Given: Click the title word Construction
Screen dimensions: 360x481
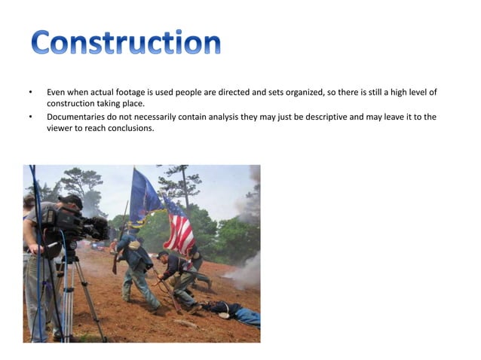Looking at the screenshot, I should pyautogui.click(x=126, y=42).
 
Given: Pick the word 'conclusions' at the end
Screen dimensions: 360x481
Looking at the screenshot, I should pyautogui.click(x=130, y=128).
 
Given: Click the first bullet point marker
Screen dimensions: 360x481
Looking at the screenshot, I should pyautogui.click(x=31, y=93).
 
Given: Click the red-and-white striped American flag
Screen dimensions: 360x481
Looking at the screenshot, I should pyautogui.click(x=179, y=226).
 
